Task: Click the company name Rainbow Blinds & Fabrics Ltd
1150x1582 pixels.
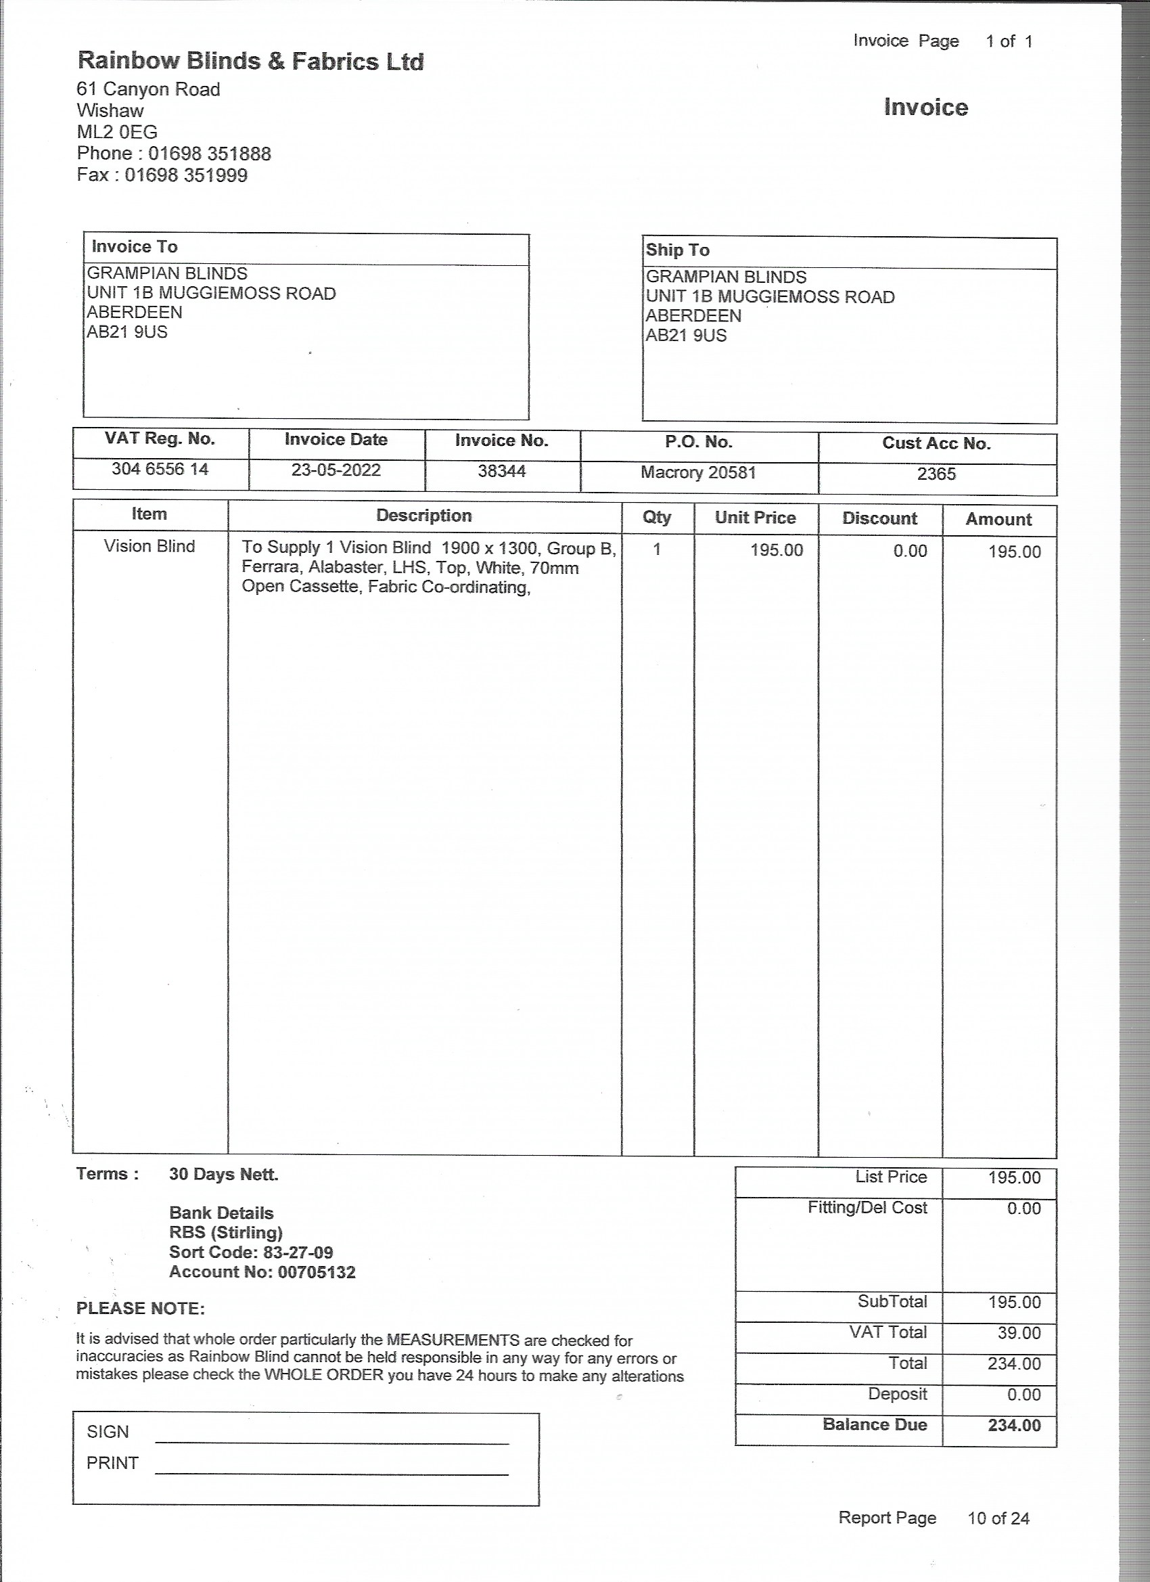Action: point(250,62)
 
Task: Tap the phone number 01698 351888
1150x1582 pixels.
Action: point(209,154)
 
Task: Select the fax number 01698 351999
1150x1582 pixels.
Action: point(185,175)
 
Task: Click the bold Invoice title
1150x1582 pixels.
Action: point(925,108)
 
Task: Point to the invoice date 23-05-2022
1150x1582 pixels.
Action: point(336,470)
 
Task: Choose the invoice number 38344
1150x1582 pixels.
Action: point(501,471)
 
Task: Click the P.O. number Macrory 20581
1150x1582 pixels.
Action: point(698,472)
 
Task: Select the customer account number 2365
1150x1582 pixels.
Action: point(936,474)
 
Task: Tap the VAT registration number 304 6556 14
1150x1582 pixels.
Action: point(160,469)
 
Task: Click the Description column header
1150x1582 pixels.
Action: point(424,516)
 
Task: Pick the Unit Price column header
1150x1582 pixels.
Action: point(755,518)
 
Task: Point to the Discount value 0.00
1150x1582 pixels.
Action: point(910,551)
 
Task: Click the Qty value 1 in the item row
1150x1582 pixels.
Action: point(657,549)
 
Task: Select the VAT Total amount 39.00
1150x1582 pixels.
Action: point(1019,1332)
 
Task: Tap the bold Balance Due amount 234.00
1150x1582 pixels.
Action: point(1014,1425)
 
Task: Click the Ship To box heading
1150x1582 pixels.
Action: point(677,250)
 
